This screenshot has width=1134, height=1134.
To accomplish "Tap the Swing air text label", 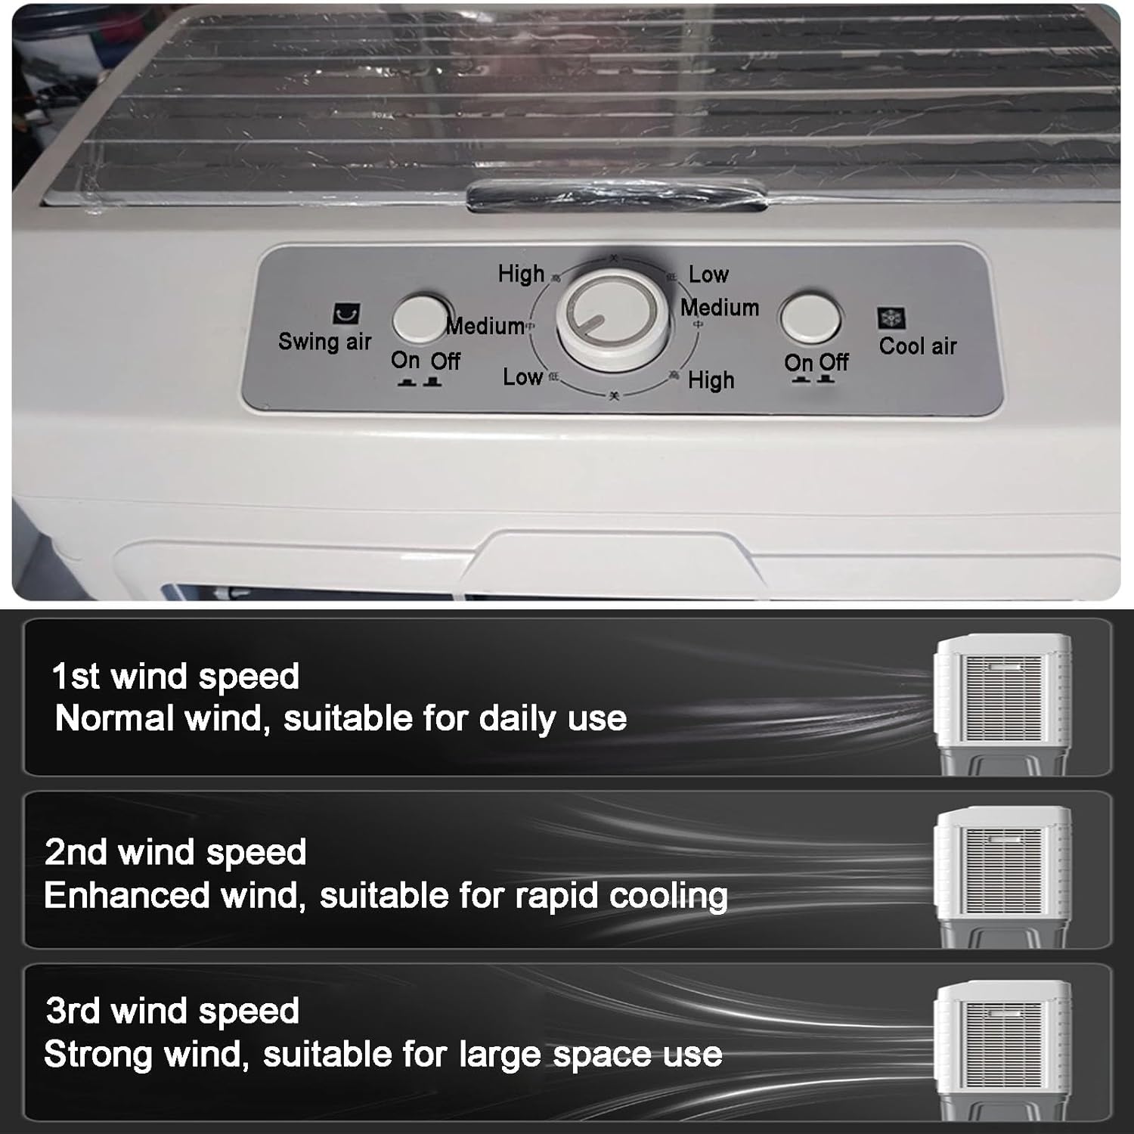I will [x=324, y=342].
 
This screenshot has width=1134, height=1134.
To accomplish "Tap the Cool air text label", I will [x=918, y=346].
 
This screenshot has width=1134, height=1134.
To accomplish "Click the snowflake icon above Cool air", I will [x=891, y=318].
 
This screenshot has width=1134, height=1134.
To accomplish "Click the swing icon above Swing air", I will [x=347, y=313].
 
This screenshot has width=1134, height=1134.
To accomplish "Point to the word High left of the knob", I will [x=521, y=274].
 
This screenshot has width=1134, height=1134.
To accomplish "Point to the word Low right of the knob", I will [x=708, y=274].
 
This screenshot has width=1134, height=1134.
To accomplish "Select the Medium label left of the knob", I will [x=486, y=326].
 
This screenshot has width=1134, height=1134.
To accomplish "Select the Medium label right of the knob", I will [x=719, y=308].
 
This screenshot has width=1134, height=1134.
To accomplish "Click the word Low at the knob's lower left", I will [x=522, y=376].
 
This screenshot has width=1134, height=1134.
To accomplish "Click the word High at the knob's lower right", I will [x=711, y=380].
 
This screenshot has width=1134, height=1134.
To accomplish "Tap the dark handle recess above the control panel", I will [x=616, y=196].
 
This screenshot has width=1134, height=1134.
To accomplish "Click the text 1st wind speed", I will [x=175, y=676].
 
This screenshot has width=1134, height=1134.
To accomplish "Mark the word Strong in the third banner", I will [x=98, y=1054].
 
